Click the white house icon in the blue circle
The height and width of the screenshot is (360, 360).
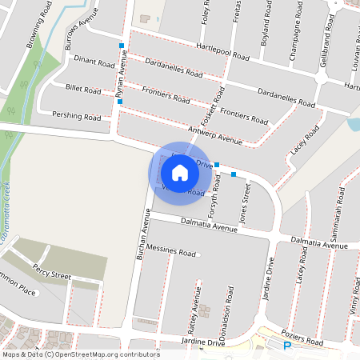[x=179, y=172]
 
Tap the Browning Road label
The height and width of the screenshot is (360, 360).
[x=40, y=34]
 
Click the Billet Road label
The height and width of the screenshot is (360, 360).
[x=83, y=91]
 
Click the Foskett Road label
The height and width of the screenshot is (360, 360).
[x=209, y=106]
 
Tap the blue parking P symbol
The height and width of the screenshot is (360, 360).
[x=287, y=346]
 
